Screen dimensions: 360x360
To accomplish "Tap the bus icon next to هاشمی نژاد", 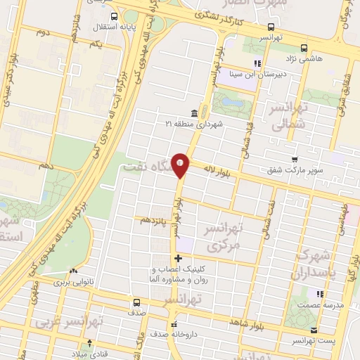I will click(304, 48).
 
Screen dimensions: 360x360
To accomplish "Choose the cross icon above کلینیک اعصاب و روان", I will click(178, 258).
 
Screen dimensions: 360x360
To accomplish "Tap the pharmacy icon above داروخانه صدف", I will click(174, 326).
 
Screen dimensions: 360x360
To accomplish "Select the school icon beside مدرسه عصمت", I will click(320, 293).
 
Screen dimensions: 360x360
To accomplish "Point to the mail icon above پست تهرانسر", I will click(314, 330).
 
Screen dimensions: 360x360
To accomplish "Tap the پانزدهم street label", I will click(155, 220).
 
